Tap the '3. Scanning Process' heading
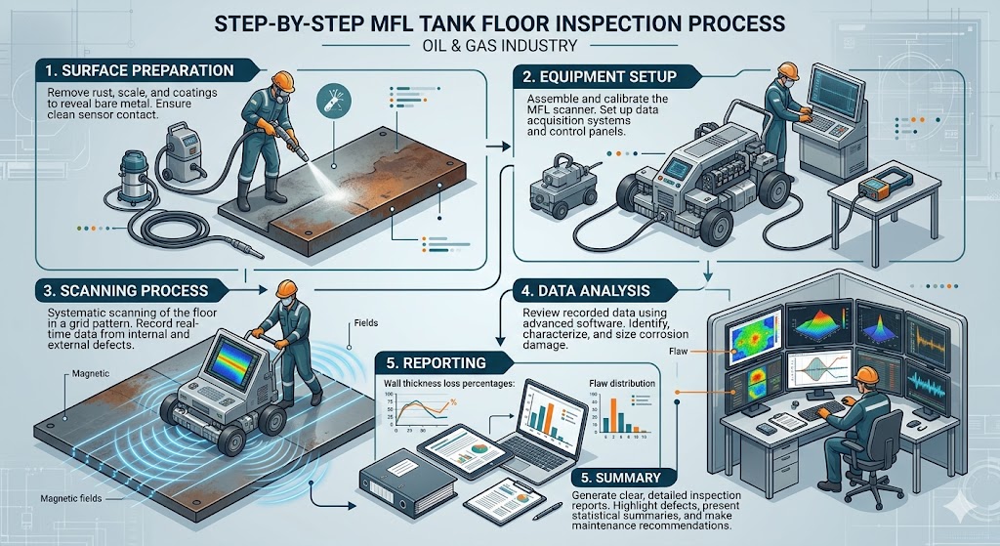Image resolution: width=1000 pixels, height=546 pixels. (x=125, y=290)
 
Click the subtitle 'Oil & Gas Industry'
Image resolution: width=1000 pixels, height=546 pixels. (x=500, y=45)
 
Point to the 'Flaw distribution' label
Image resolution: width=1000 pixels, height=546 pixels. (x=624, y=383)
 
